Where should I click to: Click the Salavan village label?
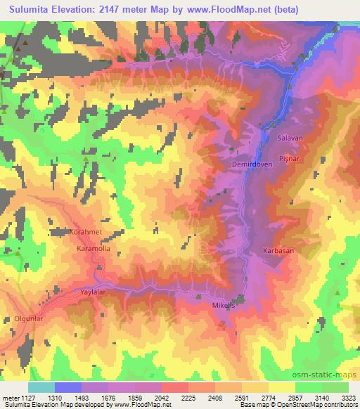coord(290,138)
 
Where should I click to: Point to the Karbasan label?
coord(278,250)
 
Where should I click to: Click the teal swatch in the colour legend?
coord(41,387)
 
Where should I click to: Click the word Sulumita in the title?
coord(34,10)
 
